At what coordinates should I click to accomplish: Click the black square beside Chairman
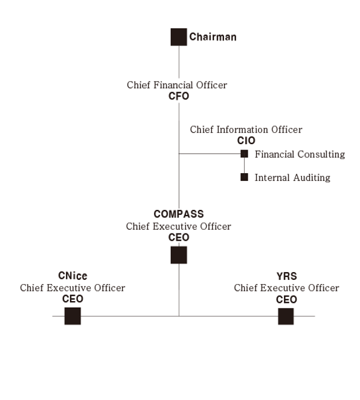click(179, 37)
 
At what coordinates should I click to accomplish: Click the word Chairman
click(213, 37)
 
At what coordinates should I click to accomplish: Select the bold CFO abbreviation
click(179, 96)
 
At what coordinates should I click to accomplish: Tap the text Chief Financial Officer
click(177, 85)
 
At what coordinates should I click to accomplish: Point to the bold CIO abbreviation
click(246, 141)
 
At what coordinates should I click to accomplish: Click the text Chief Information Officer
click(246, 129)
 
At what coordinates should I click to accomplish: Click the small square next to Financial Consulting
click(245, 154)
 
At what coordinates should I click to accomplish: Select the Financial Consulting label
click(300, 154)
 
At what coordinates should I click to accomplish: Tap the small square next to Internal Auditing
click(245, 177)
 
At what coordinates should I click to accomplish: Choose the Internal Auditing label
click(292, 177)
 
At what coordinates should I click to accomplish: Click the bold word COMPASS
click(179, 214)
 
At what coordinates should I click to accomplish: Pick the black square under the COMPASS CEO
click(179, 255)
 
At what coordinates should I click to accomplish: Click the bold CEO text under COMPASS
click(179, 238)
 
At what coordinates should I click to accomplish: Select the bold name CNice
click(72, 276)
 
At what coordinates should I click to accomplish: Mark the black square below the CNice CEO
click(72, 316)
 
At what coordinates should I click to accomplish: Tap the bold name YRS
click(287, 276)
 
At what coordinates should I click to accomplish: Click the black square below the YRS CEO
click(286, 316)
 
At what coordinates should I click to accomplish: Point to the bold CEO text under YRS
click(286, 299)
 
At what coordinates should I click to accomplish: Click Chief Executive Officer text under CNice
click(72, 288)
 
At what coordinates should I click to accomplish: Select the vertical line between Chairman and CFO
click(179, 62)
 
